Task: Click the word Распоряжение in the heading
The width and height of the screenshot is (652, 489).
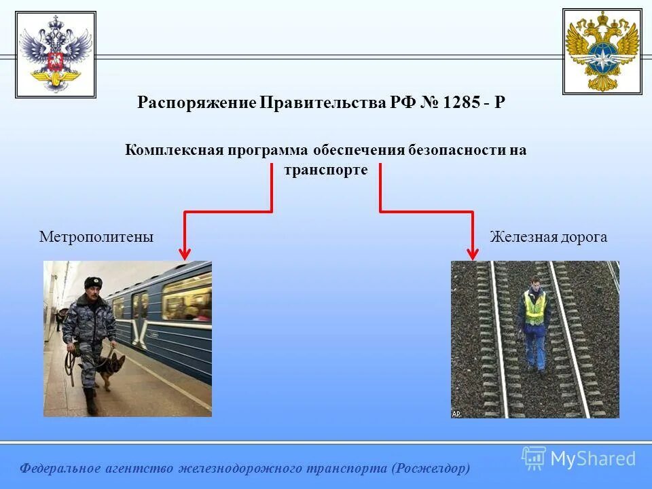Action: (x=196, y=103)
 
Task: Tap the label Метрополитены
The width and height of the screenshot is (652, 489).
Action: (x=96, y=237)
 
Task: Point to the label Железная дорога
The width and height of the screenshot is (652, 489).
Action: (x=548, y=237)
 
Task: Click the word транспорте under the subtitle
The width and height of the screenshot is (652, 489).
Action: (x=326, y=170)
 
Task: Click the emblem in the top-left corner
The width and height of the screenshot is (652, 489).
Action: (x=56, y=55)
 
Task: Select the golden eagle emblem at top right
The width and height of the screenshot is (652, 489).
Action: (x=602, y=52)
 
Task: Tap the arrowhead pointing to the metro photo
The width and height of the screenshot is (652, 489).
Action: (x=185, y=253)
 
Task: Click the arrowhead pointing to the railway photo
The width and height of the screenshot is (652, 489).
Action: (x=473, y=253)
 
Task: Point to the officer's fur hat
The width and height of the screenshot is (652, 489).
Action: (x=92, y=282)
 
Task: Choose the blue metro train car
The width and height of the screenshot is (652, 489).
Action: (x=170, y=319)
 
